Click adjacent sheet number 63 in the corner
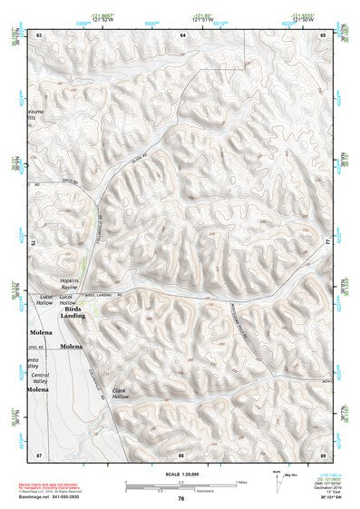39,34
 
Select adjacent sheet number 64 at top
182,34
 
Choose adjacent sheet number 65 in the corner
323,34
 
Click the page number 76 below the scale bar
181,498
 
